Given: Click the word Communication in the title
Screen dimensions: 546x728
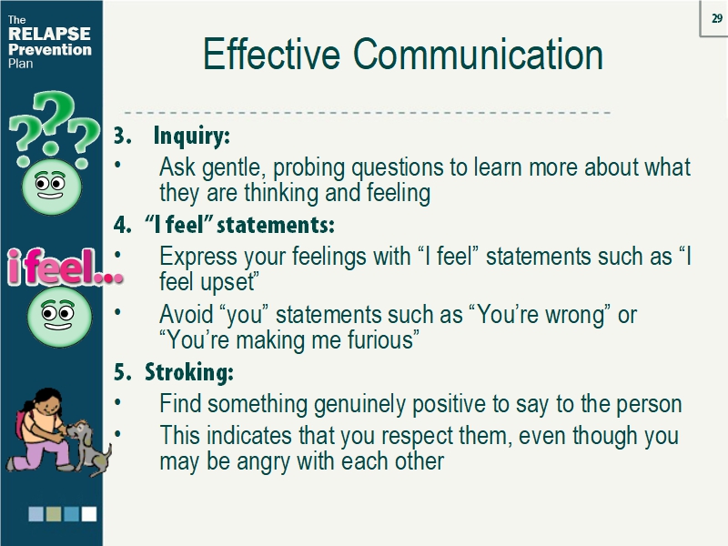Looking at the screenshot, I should (x=478, y=55).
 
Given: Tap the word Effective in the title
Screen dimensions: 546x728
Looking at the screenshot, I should (x=271, y=55).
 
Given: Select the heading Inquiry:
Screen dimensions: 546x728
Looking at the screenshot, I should (x=191, y=136).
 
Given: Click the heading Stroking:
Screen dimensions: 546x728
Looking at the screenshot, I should (x=189, y=373).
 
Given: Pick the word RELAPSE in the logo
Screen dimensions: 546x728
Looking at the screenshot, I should (x=49, y=35).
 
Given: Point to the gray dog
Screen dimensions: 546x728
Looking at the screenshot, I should (x=89, y=444).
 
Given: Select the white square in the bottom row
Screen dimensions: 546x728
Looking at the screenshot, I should (x=88, y=514).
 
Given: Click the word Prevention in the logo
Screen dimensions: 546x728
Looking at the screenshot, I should (x=49, y=50).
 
